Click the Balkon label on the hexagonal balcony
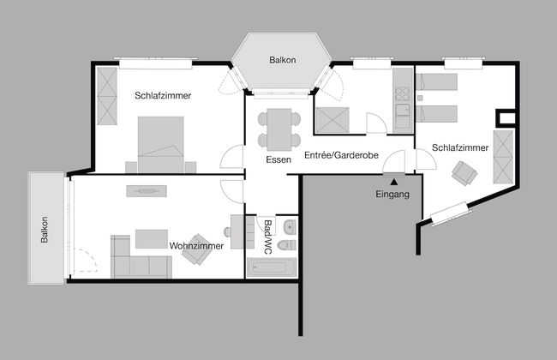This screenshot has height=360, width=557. [282, 60]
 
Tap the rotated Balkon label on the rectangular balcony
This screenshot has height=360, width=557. [45, 229]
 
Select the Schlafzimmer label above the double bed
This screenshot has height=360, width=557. [163, 95]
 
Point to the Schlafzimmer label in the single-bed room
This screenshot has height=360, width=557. [460, 147]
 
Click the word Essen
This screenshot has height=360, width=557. [278, 159]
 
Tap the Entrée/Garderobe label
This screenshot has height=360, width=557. [341, 155]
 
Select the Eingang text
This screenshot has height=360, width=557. [393, 194]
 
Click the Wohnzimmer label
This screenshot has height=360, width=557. [196, 246]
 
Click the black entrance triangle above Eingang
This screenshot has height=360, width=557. [393, 180]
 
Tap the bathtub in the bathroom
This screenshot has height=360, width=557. [271, 268]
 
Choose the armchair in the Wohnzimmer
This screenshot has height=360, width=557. [196, 245]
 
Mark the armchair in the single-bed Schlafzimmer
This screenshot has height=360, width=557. [464, 173]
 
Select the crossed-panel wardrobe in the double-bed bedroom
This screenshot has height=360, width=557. [107, 95]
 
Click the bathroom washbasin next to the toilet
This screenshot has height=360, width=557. [289, 226]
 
